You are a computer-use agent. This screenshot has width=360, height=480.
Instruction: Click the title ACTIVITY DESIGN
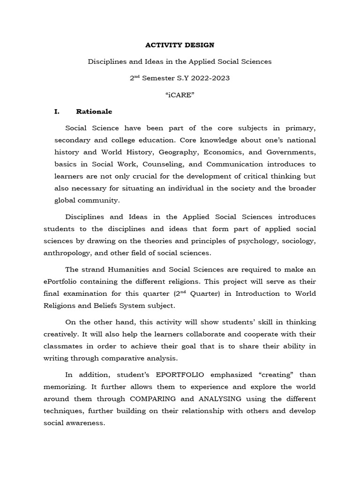point(180,45)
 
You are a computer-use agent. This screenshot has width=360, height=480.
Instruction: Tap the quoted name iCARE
point(180,95)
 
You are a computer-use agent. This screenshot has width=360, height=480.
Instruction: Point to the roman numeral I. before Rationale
point(58,112)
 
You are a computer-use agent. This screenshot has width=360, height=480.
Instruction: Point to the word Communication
point(234,164)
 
